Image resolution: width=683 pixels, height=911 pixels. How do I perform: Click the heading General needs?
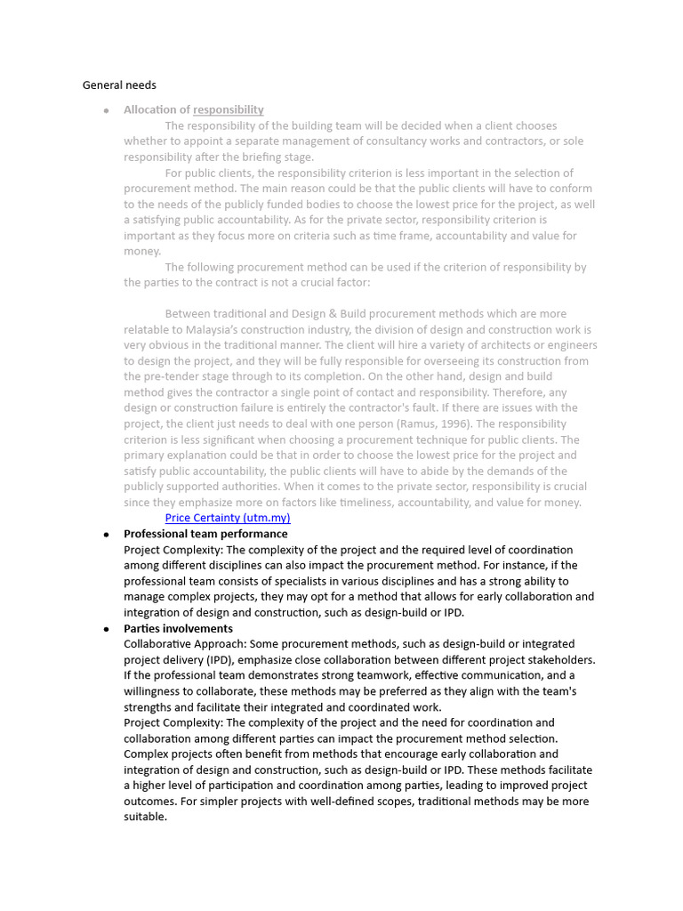click(x=119, y=85)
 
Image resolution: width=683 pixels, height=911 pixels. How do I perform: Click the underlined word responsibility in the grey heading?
click(x=229, y=110)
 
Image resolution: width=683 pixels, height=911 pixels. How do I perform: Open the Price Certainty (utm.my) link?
click(x=228, y=518)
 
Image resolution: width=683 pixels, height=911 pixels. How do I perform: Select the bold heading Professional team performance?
click(x=205, y=534)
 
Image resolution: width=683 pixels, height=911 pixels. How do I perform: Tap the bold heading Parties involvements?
click(x=178, y=628)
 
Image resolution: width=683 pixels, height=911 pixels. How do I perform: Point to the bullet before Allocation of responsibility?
click(x=106, y=110)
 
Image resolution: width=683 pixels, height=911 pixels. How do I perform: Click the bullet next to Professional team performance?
click(x=106, y=534)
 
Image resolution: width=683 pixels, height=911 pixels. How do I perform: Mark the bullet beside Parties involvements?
click(x=106, y=628)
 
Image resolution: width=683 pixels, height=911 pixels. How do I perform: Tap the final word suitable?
click(x=145, y=817)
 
